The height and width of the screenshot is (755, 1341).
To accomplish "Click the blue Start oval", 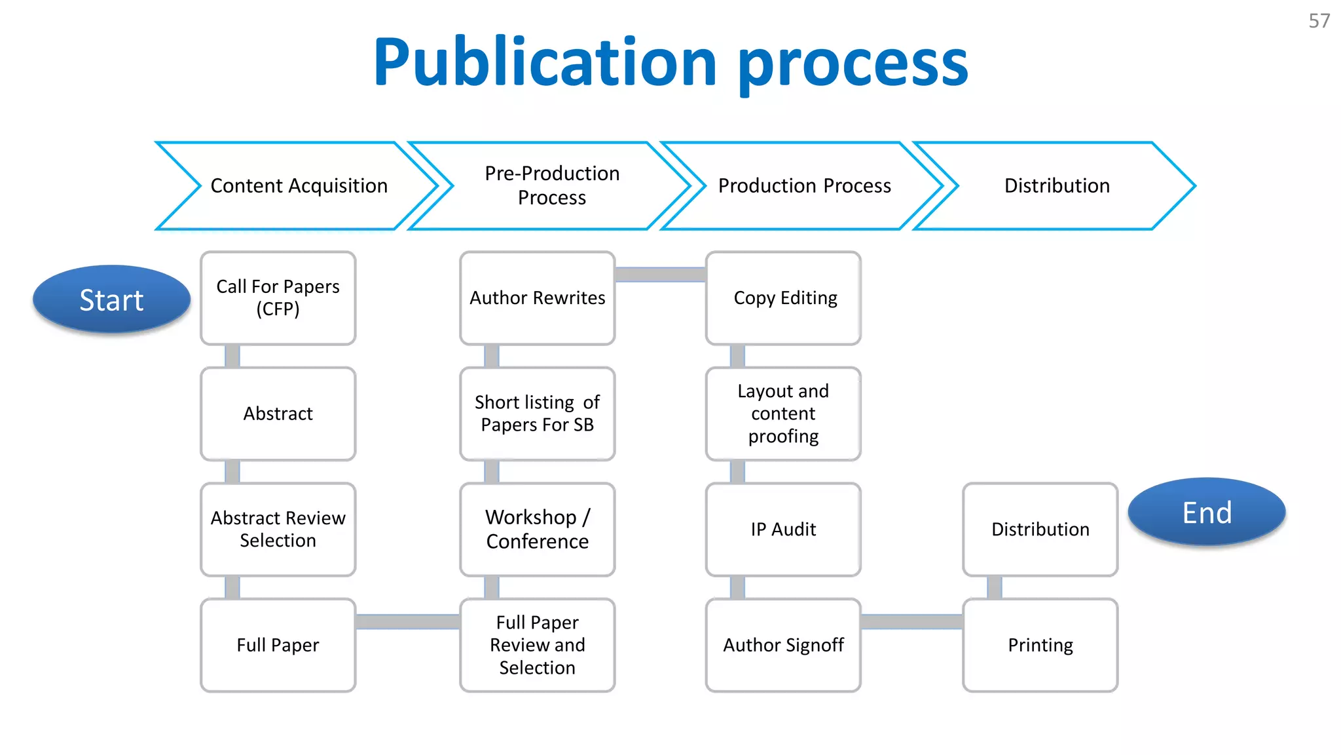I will pos(111,300).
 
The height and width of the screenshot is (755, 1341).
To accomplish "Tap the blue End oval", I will pos(1207,513).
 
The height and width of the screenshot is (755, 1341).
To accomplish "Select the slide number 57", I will pos(1319,21).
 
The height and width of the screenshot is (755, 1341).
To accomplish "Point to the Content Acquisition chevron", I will pos(299,186).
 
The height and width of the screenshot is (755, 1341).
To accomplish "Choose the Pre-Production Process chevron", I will pos(551,186).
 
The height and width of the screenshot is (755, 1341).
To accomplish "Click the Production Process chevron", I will pos(804,186).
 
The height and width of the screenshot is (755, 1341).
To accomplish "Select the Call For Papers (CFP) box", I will pos(278,298).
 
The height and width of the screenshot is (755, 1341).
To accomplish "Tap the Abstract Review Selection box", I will pos(278,530).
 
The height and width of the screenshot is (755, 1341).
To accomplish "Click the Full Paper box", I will pos(278,646).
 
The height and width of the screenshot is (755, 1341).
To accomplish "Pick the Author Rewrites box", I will pos(537,298).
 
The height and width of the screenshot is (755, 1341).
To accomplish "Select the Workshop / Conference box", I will pos(537,530).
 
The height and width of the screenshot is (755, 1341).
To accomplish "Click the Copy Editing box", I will pos(784,298).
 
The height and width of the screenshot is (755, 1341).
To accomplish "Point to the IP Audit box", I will pos(784,530).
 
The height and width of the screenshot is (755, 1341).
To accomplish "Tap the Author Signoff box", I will pos(784,646).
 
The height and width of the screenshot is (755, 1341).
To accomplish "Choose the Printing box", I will pos(1040,646).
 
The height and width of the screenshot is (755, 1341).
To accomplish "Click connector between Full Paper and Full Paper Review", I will pos(407,621).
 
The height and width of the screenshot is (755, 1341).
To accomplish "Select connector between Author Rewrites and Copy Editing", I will pos(660,275).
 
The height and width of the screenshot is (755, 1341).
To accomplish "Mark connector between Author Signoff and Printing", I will pos(911,621).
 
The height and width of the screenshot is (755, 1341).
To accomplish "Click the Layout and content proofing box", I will pos(784,414).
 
